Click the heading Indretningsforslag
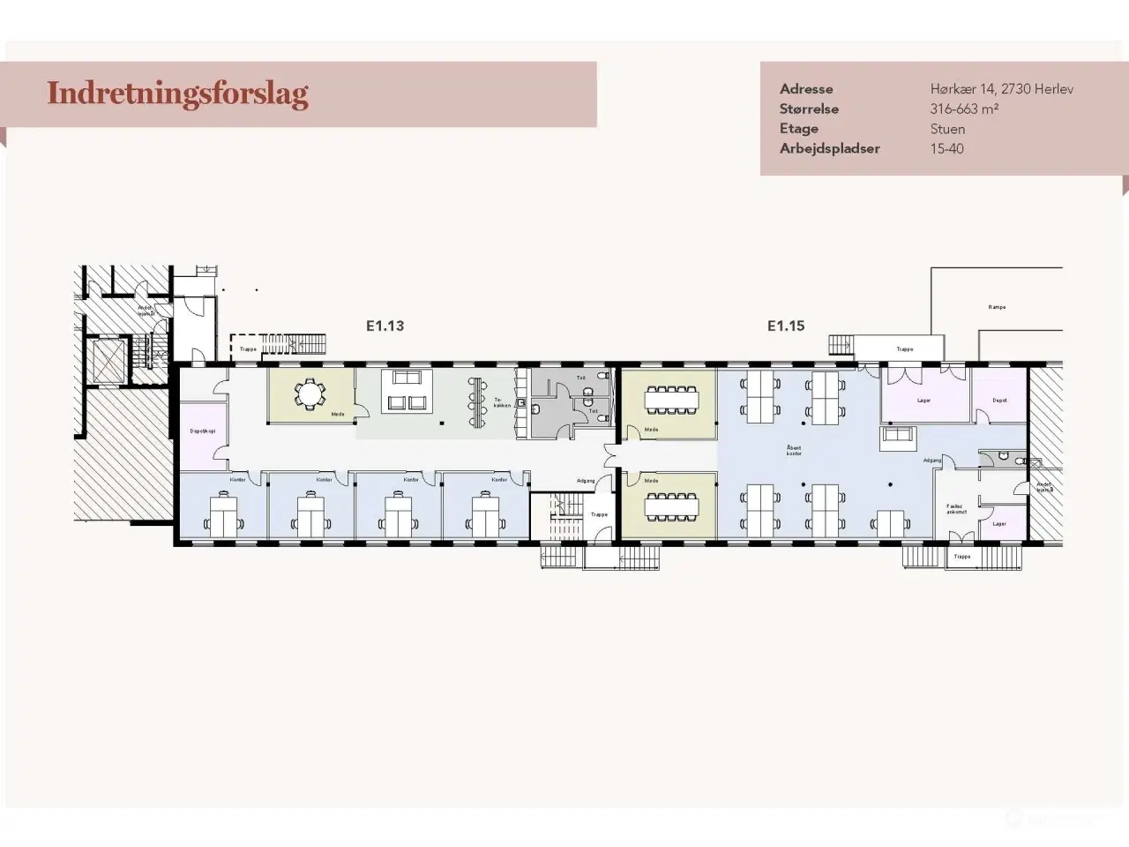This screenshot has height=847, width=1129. point(177,94)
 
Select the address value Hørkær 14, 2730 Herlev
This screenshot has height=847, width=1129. point(1001,89)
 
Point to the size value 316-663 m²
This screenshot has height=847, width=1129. point(963,109)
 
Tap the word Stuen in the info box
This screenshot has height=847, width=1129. point(947,129)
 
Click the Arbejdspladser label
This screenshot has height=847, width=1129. point(829,148)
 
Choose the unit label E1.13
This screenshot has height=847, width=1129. point(385,326)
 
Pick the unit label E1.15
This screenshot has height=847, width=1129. point(785,326)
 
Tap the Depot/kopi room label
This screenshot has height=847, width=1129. point(202,431)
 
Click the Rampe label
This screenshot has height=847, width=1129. point(997,307)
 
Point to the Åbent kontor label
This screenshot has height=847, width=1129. point(794,451)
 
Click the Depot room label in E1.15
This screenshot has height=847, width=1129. point(999,401)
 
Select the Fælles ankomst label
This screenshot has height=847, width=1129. point(956,509)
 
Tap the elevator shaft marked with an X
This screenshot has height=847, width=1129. point(105,360)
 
